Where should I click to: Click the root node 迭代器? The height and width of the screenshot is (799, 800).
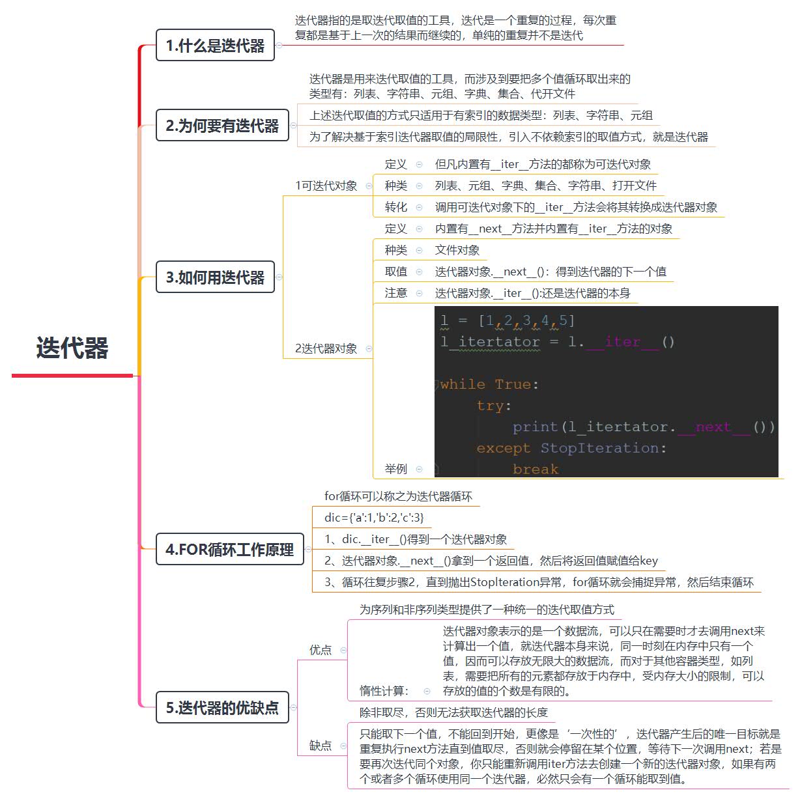click(x=72, y=348)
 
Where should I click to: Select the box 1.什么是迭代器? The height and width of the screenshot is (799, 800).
click(x=215, y=46)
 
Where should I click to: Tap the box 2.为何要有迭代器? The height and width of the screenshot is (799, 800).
click(x=222, y=126)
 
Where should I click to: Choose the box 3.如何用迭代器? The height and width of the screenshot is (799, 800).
click(x=215, y=277)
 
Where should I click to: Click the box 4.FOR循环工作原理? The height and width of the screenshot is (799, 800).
click(x=229, y=550)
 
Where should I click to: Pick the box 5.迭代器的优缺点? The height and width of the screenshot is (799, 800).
click(x=222, y=708)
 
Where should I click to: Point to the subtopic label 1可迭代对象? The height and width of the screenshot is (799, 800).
click(x=326, y=186)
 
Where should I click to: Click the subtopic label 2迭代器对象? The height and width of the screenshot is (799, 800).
click(x=326, y=348)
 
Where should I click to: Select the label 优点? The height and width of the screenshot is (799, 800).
click(x=321, y=650)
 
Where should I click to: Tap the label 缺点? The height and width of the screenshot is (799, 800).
click(x=321, y=746)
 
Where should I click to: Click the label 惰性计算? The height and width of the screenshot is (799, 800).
click(x=384, y=691)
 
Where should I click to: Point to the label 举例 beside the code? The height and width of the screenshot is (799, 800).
click(x=395, y=469)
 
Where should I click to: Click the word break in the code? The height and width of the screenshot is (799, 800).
click(x=536, y=469)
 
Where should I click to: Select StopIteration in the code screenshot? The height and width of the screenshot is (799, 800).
click(x=599, y=448)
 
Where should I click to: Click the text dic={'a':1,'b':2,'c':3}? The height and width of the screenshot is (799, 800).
click(x=374, y=518)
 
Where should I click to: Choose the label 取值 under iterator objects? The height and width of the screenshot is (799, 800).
click(x=395, y=272)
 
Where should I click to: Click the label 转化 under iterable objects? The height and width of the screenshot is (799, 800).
click(x=395, y=207)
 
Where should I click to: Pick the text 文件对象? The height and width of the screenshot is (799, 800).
click(x=457, y=250)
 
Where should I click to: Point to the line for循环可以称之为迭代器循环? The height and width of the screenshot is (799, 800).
click(x=398, y=496)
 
